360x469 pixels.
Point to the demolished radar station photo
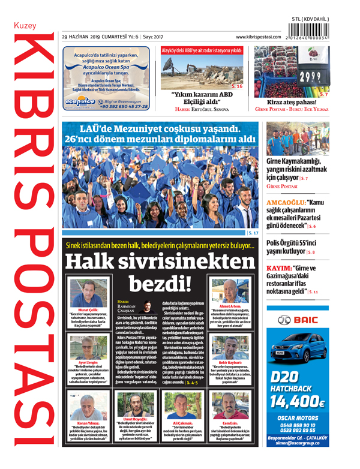[201, 73]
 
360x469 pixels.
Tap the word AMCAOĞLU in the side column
[286, 202]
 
